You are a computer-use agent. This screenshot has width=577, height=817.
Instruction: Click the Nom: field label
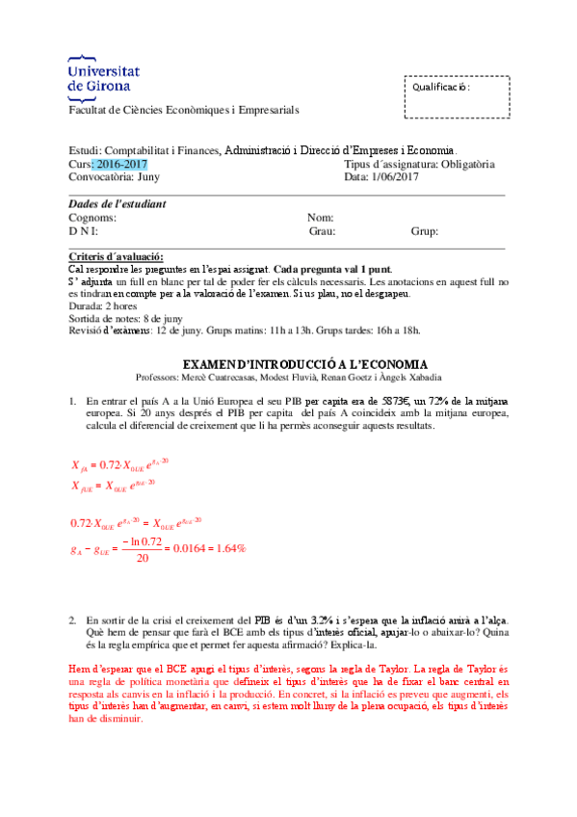coord(321,218)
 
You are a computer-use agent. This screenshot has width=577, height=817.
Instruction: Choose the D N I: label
coord(83,231)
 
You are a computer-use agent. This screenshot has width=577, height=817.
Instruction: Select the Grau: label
coord(322,231)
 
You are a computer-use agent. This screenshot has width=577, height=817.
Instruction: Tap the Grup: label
coord(425,231)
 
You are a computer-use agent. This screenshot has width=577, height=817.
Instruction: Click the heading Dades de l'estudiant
coord(117,203)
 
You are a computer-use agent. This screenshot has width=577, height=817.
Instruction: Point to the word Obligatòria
coord(461,164)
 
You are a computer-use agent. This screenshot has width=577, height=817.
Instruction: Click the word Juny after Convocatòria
coord(148,176)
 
